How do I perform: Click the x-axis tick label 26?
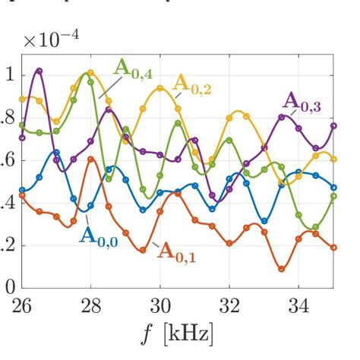21,306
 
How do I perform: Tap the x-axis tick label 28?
90,306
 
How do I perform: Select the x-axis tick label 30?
159,306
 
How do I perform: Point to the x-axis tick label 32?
229,306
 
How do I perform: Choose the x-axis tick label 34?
298,306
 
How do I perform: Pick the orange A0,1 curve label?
176,251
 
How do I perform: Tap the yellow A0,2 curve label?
191,82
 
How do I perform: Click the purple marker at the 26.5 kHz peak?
39,71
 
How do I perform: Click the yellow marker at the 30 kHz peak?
160,88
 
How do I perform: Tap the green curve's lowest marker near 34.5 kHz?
316,227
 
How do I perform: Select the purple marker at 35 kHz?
333,126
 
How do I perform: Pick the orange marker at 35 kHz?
333,248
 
